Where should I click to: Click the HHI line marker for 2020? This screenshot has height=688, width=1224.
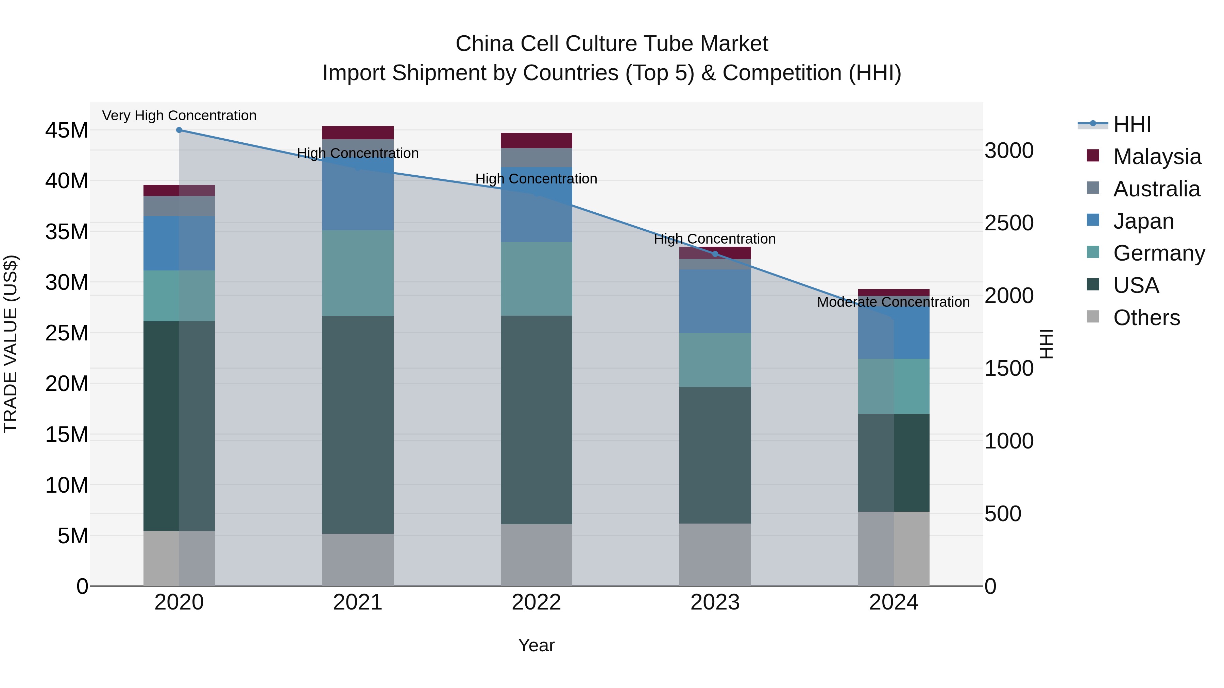179,130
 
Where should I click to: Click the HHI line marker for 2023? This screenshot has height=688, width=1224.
715,254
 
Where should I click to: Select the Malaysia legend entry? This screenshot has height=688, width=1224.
1157,157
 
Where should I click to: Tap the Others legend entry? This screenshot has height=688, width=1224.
1146,318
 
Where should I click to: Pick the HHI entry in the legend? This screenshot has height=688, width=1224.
1132,124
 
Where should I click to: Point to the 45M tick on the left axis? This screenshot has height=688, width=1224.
67,130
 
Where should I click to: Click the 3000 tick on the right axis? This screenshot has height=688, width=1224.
1009,151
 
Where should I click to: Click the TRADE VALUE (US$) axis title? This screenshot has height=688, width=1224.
11,344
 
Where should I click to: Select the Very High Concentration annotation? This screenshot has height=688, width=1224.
179,116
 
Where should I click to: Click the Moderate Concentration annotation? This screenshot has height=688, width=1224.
893,302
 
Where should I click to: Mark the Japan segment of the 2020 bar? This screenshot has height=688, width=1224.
179,243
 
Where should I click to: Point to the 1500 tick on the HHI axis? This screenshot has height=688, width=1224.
1009,368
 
